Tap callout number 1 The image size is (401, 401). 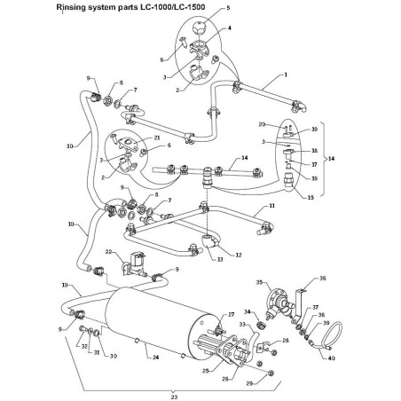[287, 75]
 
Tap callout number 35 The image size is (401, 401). [260, 282]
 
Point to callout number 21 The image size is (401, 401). [156, 138]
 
